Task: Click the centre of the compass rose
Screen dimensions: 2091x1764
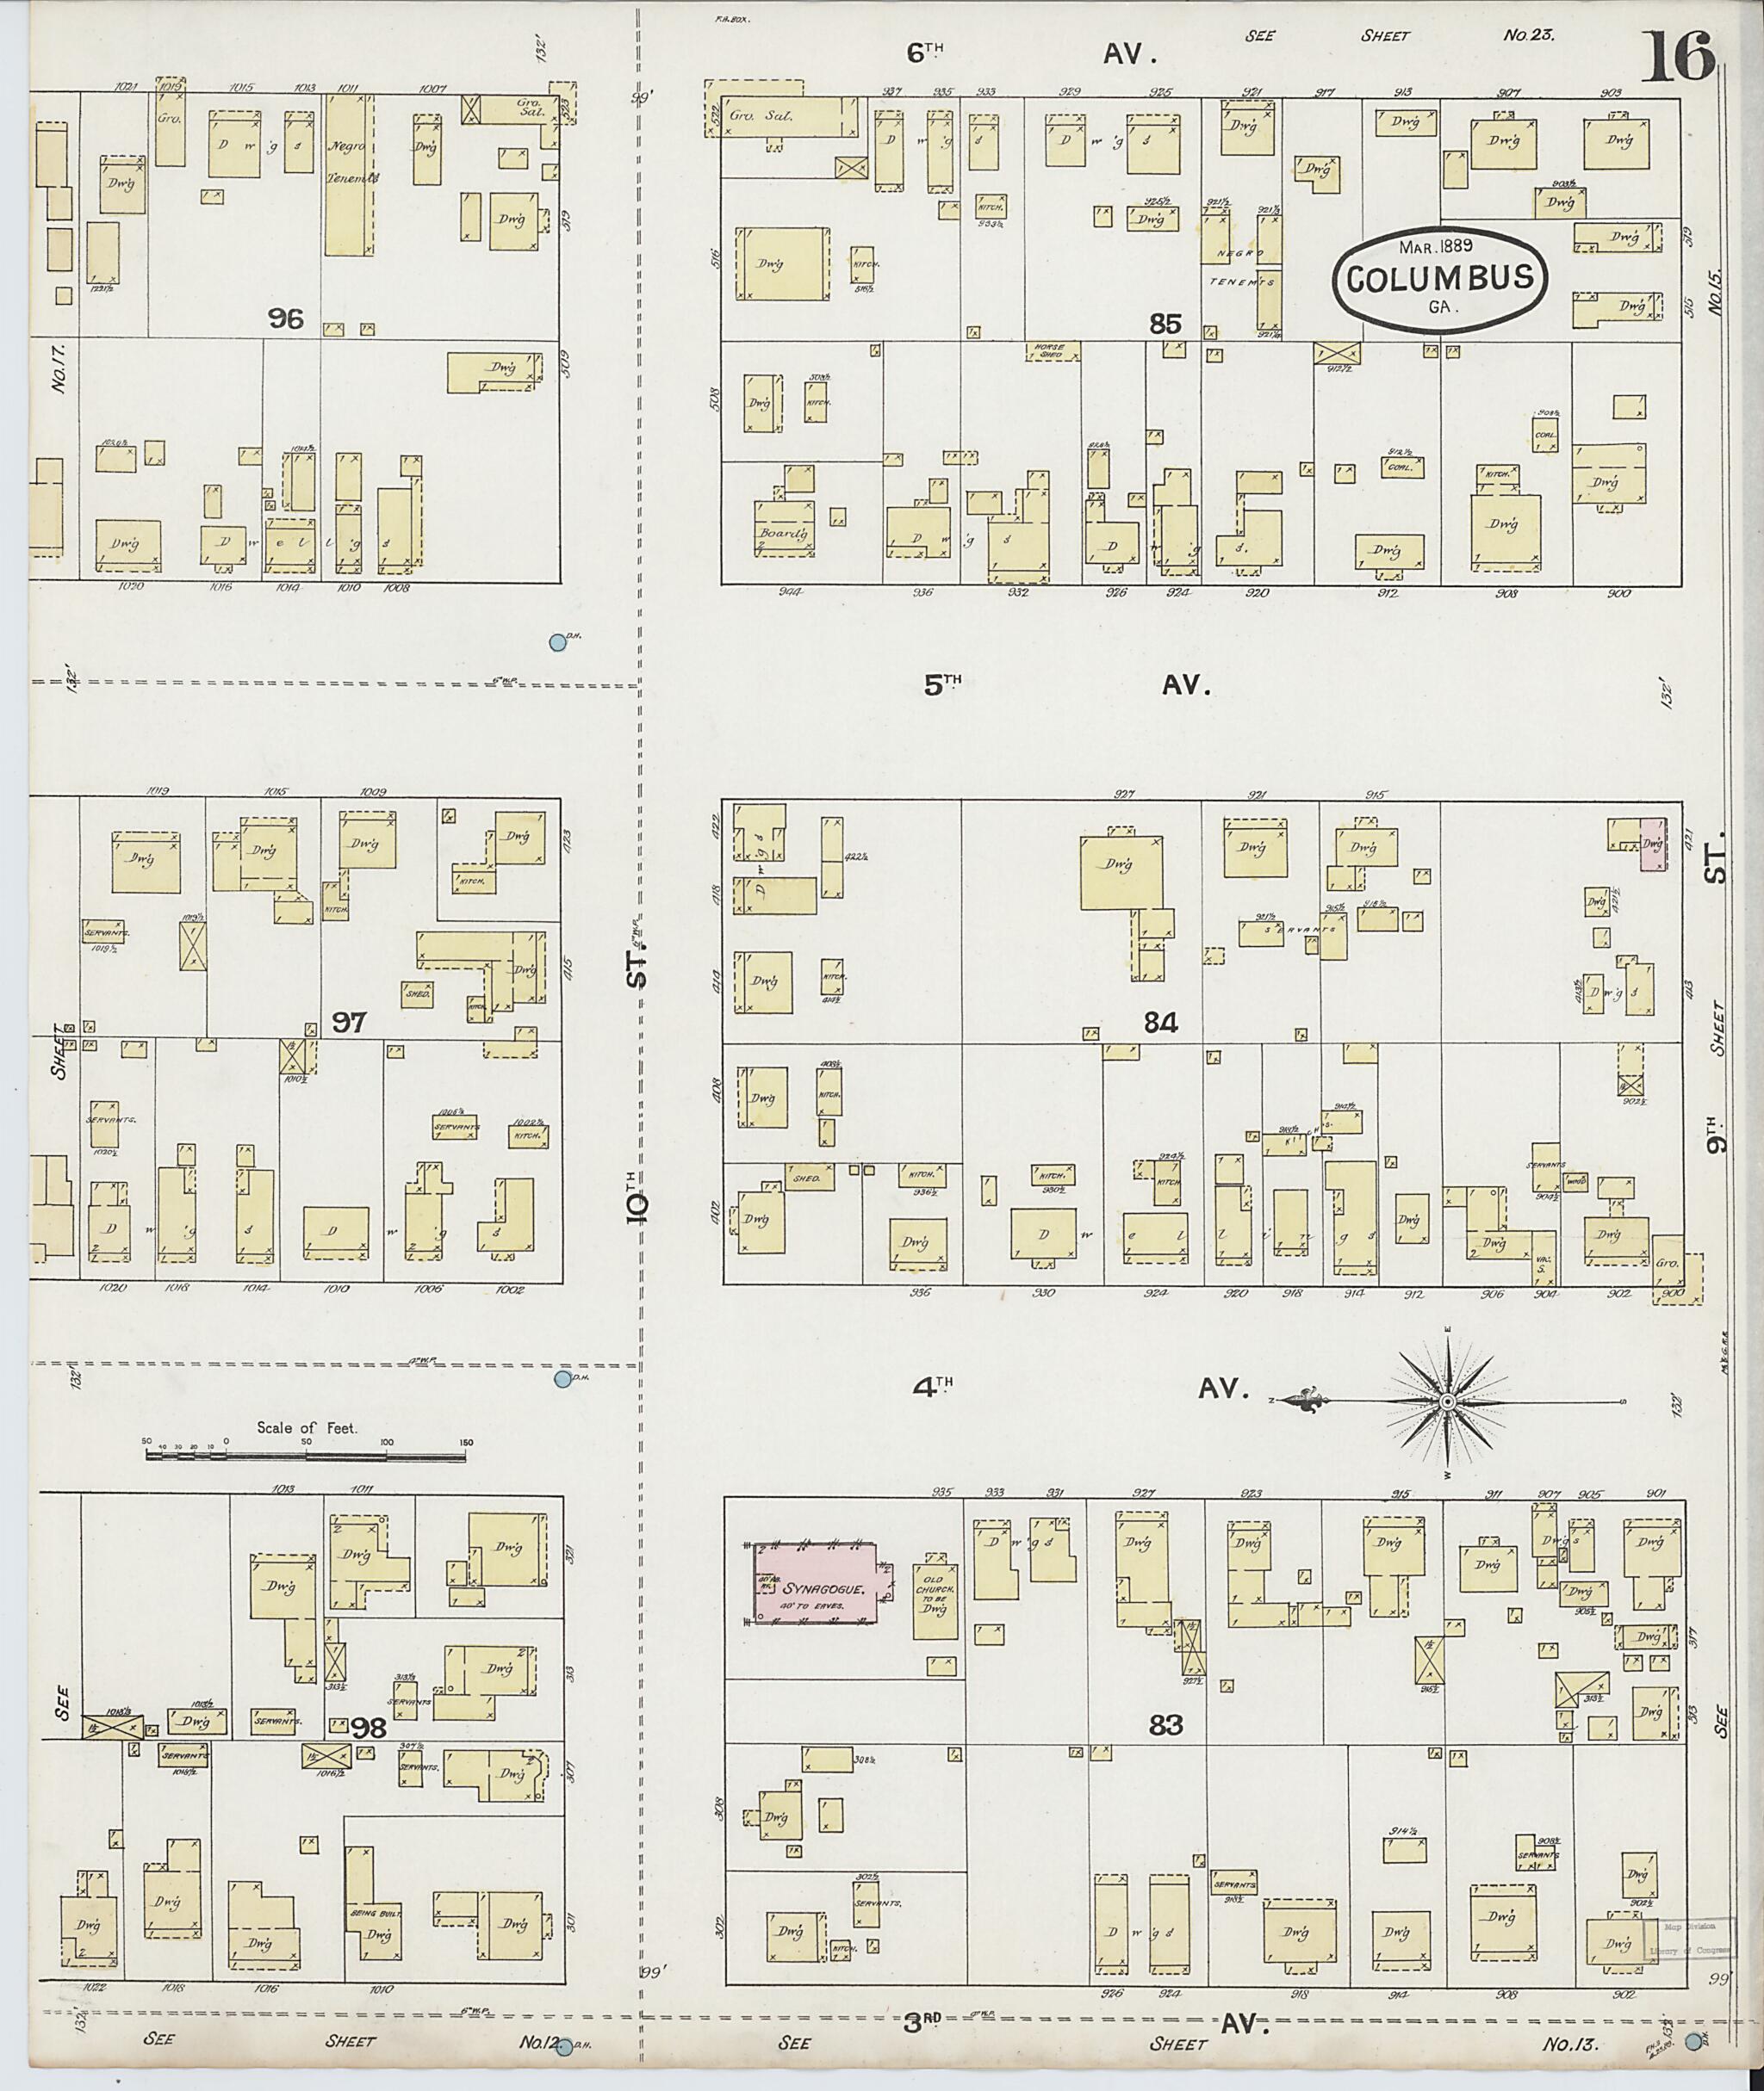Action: (1446, 1402)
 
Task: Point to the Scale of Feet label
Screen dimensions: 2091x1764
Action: (306, 1427)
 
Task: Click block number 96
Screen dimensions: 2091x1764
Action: (285, 319)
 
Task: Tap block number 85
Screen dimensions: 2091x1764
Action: (1165, 324)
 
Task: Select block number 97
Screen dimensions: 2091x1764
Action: (349, 1023)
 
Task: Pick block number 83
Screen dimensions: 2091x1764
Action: (1166, 1725)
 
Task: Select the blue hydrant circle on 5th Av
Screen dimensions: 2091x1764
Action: (558, 643)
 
